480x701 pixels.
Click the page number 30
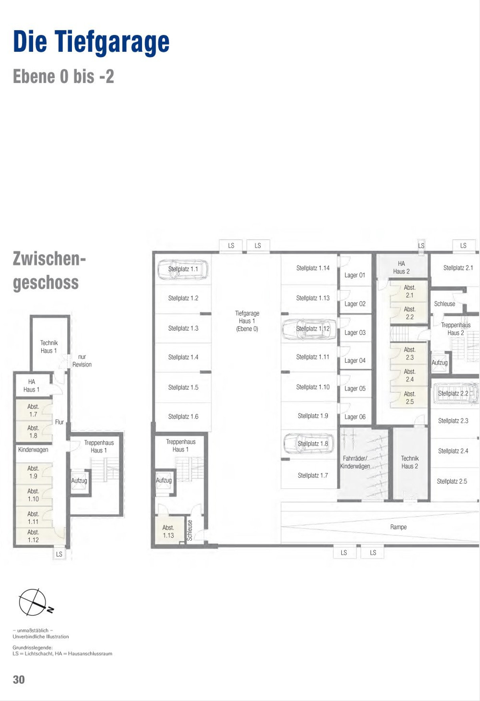click(19, 679)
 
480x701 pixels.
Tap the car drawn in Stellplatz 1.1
click(183, 270)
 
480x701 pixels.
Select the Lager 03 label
click(355, 333)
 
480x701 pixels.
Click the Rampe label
click(398, 527)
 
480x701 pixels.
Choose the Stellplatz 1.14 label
click(313, 268)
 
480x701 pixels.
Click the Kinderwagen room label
click(33, 449)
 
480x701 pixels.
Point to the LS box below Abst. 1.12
click(59, 554)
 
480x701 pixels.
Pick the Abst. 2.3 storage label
click(410, 353)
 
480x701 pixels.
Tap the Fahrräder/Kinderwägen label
click(355, 462)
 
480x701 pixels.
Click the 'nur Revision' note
click(82, 361)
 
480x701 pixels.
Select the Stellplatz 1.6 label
click(183, 416)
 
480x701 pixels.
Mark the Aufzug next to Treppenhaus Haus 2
click(440, 363)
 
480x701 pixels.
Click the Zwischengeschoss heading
click(49, 270)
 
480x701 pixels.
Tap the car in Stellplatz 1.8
click(308, 443)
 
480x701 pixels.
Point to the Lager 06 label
click(355, 417)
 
